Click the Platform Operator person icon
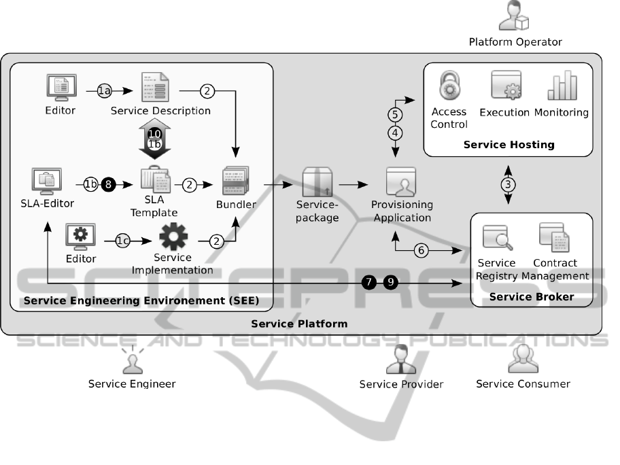pos(514,17)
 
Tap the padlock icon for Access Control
pos(449,88)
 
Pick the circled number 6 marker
pos(421,250)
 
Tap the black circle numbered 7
pos(369,282)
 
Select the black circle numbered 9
pos(390,282)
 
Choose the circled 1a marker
pos(104,90)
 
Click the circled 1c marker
pos(122,240)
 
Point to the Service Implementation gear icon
pos(173,237)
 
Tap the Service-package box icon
pos(317,182)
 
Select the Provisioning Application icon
pos(401,182)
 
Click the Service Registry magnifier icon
pos(497,239)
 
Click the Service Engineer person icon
pos(132,362)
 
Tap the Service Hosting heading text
pos(509,144)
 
